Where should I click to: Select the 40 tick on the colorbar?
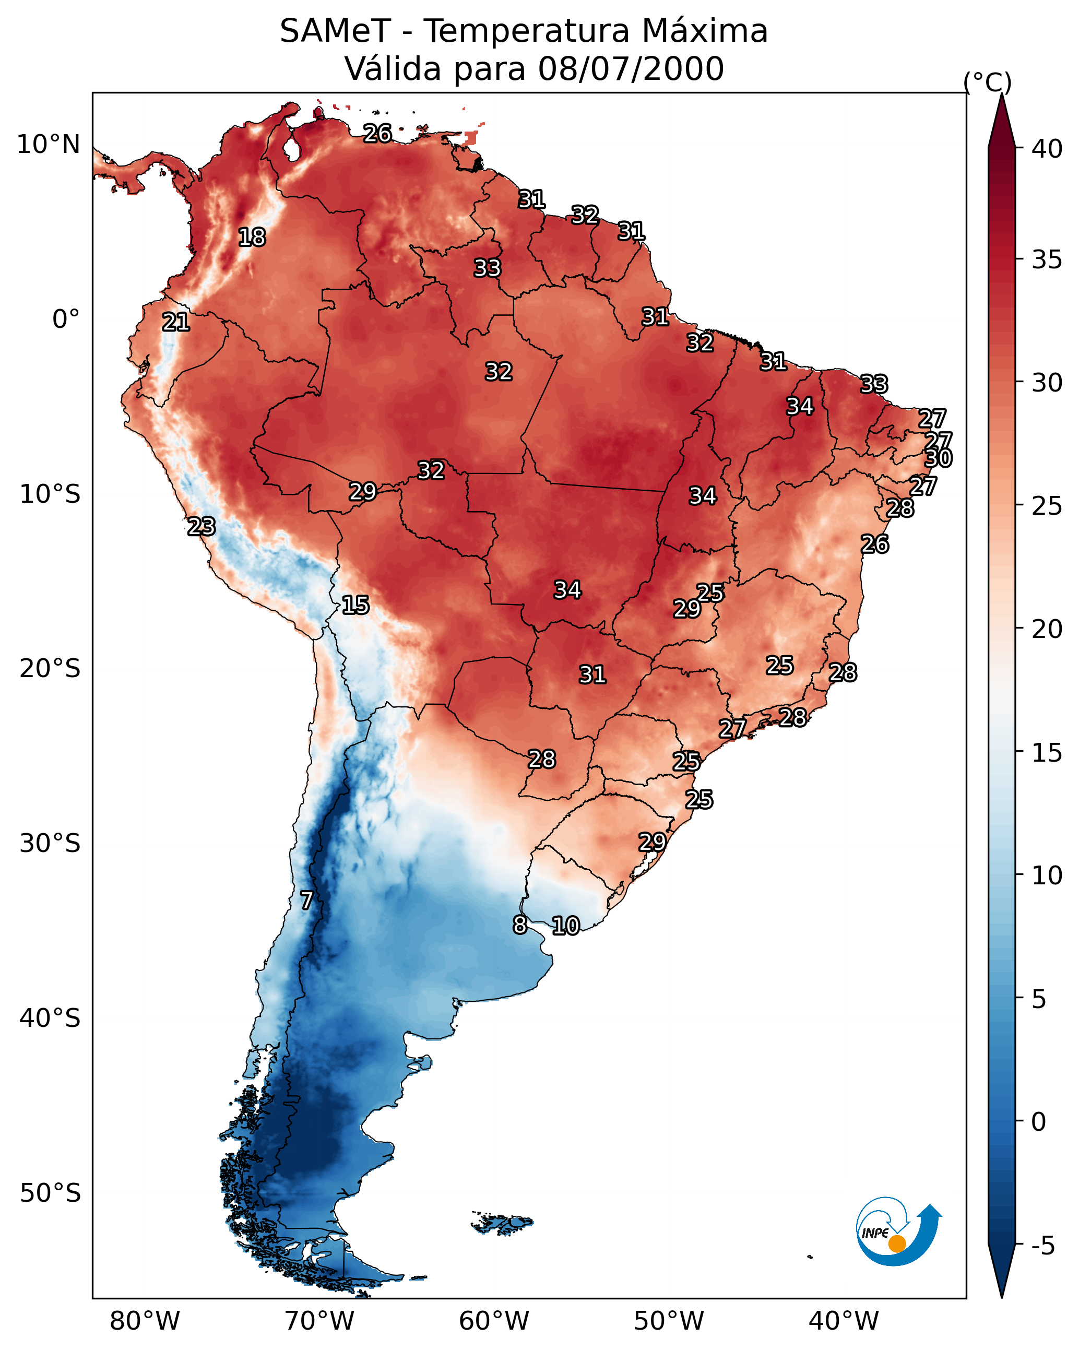(1047, 149)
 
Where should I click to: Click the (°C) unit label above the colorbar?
(988, 82)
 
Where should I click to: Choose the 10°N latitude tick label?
(48, 145)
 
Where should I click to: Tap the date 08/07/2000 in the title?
(631, 69)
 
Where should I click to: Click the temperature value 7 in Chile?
(306, 901)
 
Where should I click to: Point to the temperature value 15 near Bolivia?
(355, 605)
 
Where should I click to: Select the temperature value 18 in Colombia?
(252, 238)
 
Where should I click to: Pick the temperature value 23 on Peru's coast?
(201, 527)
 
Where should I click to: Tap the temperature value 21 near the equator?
(176, 323)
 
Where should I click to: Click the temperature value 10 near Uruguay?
(565, 926)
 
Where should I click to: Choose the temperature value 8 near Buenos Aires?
(520, 924)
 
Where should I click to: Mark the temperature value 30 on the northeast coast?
(939, 458)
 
